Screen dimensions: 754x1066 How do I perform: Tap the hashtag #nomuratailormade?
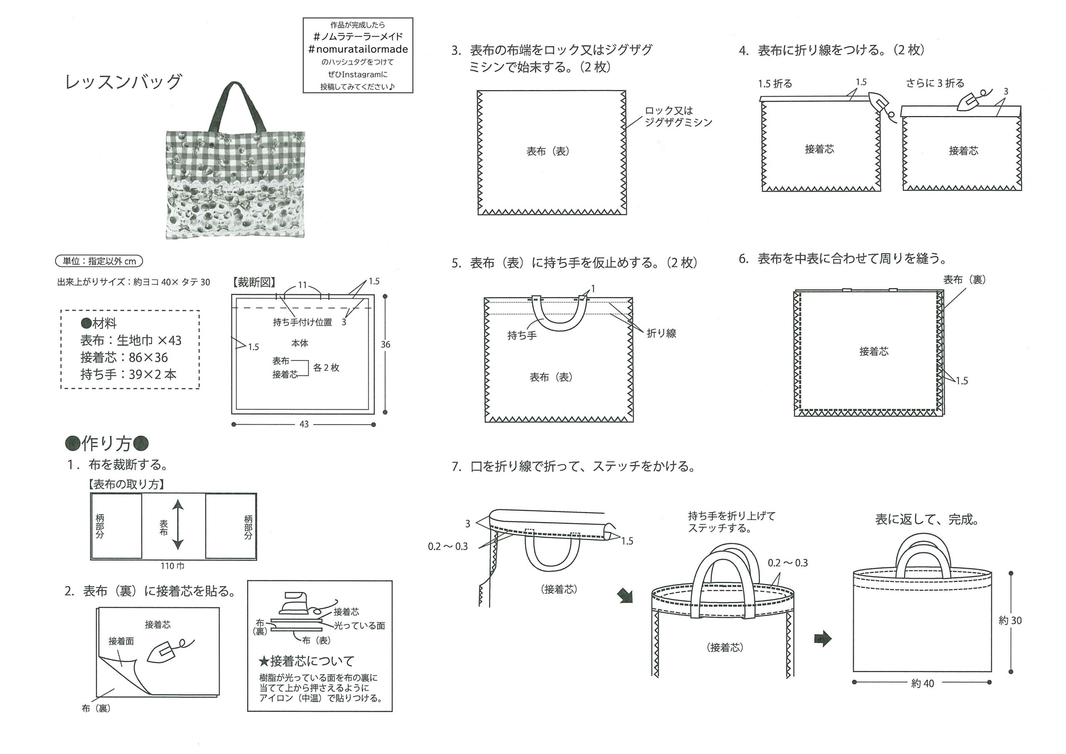click(x=358, y=49)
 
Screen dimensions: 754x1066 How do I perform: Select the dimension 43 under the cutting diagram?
click(x=304, y=424)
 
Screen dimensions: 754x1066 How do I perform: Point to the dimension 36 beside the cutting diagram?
click(x=385, y=344)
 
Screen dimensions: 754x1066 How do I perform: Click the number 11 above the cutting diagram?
click(x=302, y=285)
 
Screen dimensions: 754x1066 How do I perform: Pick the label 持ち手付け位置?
click(x=302, y=322)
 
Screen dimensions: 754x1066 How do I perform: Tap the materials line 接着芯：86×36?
click(x=124, y=358)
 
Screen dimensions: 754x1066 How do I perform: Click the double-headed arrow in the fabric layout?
click(x=178, y=525)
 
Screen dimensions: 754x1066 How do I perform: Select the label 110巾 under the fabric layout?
click(x=172, y=566)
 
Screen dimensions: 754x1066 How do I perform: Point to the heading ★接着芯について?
click(x=307, y=661)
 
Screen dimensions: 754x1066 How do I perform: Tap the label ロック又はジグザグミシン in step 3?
click(x=678, y=117)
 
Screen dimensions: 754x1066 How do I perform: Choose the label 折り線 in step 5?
click(x=661, y=333)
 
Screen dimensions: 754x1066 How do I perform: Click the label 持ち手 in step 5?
click(x=522, y=335)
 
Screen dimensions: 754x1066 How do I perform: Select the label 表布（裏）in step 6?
click(x=964, y=279)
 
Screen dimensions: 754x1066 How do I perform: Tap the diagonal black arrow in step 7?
click(x=625, y=596)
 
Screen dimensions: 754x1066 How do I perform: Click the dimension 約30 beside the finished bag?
click(x=1010, y=621)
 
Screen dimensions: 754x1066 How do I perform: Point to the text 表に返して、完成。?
click(x=928, y=519)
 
